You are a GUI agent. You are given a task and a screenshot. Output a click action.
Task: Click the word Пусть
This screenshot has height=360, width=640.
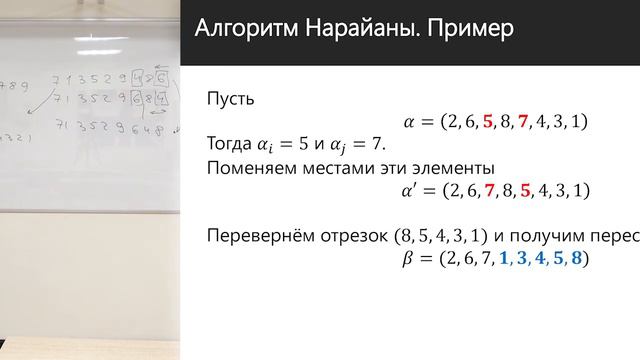pos(231,99)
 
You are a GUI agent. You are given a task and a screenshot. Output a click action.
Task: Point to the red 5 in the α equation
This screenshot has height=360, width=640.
pos(487,122)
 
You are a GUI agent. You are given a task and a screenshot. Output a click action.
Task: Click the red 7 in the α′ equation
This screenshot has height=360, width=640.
pos(487,190)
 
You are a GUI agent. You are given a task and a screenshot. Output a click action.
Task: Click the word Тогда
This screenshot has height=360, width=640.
pos(233,145)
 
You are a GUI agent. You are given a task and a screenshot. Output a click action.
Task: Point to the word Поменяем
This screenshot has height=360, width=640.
pos(254,168)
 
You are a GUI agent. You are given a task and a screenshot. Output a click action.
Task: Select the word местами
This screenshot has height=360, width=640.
pos(349,168)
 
